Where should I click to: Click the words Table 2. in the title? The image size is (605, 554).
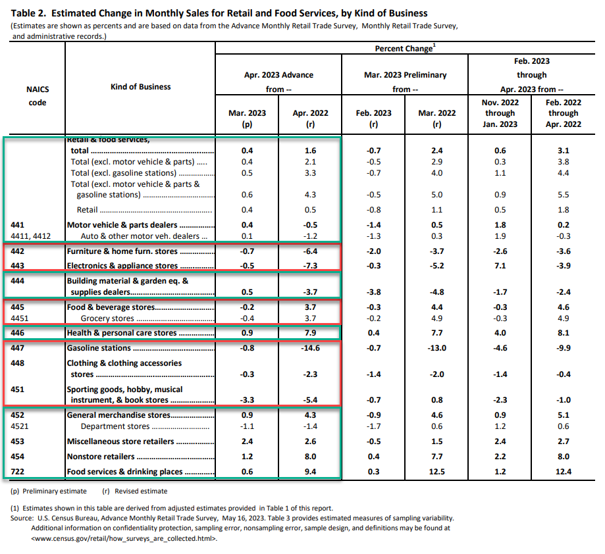click(x=28, y=13)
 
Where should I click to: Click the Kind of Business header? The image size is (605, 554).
click(x=140, y=87)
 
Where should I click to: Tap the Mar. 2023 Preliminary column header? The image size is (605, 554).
click(x=405, y=75)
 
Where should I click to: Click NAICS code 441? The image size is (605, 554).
click(x=17, y=225)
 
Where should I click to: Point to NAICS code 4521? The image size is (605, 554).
click(x=20, y=426)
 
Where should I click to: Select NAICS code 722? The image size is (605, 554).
click(x=17, y=472)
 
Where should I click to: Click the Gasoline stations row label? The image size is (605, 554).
click(x=99, y=348)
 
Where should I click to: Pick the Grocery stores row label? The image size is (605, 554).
click(x=107, y=318)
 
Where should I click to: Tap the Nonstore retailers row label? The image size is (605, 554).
click(x=101, y=457)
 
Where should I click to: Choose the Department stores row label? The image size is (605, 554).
click(x=115, y=426)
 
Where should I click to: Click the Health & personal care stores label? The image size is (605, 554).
click(x=122, y=333)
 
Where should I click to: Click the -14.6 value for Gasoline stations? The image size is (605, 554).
click(x=310, y=348)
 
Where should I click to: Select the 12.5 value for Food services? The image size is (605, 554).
click(x=436, y=472)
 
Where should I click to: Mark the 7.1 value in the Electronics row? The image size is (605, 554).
click(x=500, y=266)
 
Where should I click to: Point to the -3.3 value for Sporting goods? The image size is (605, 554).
click(x=247, y=400)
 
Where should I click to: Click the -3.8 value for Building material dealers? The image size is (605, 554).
click(x=373, y=292)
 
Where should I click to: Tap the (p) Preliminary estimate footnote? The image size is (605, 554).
click(x=49, y=491)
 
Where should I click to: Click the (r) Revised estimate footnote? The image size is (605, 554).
click(x=135, y=491)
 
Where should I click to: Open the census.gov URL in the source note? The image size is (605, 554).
click(x=124, y=539)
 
